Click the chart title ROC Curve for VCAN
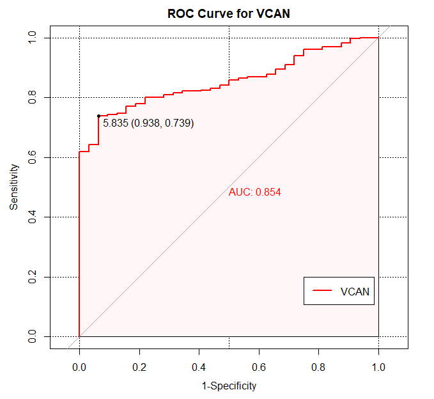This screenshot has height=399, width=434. tap(229, 13)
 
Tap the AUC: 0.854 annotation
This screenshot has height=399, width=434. tap(255, 192)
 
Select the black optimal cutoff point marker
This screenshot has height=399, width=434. tap(98, 116)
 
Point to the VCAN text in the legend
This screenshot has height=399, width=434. tap(355, 291)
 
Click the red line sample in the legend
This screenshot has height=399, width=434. tap(322, 291)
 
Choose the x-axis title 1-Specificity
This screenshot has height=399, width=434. tap(229, 386)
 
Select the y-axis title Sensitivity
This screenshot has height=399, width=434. tap(13, 187)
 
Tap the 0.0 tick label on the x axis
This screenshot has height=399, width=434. tap(79, 368)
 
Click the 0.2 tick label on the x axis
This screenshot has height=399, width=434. tap(139, 368)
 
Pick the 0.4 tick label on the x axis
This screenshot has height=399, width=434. tap(199, 368)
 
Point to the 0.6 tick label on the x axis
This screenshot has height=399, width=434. tap(259, 368)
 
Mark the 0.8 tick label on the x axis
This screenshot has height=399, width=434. tap(318, 368)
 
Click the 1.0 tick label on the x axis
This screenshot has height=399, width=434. tap(378, 368)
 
